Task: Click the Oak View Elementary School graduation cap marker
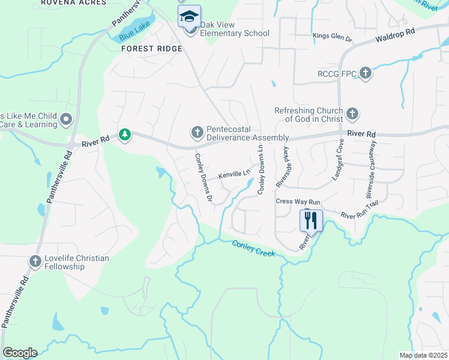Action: [x=190, y=16]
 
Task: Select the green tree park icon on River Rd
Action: [x=125, y=135]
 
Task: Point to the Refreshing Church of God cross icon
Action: [x=352, y=113]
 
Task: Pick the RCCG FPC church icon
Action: [x=366, y=74]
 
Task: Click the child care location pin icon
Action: [x=67, y=119]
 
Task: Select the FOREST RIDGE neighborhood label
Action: [x=151, y=48]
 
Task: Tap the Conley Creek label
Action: [x=253, y=248]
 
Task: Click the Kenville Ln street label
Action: [x=234, y=175]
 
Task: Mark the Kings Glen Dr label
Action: [x=332, y=37]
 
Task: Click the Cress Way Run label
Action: [x=298, y=202]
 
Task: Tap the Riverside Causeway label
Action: [x=370, y=170]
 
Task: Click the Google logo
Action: [x=20, y=353]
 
